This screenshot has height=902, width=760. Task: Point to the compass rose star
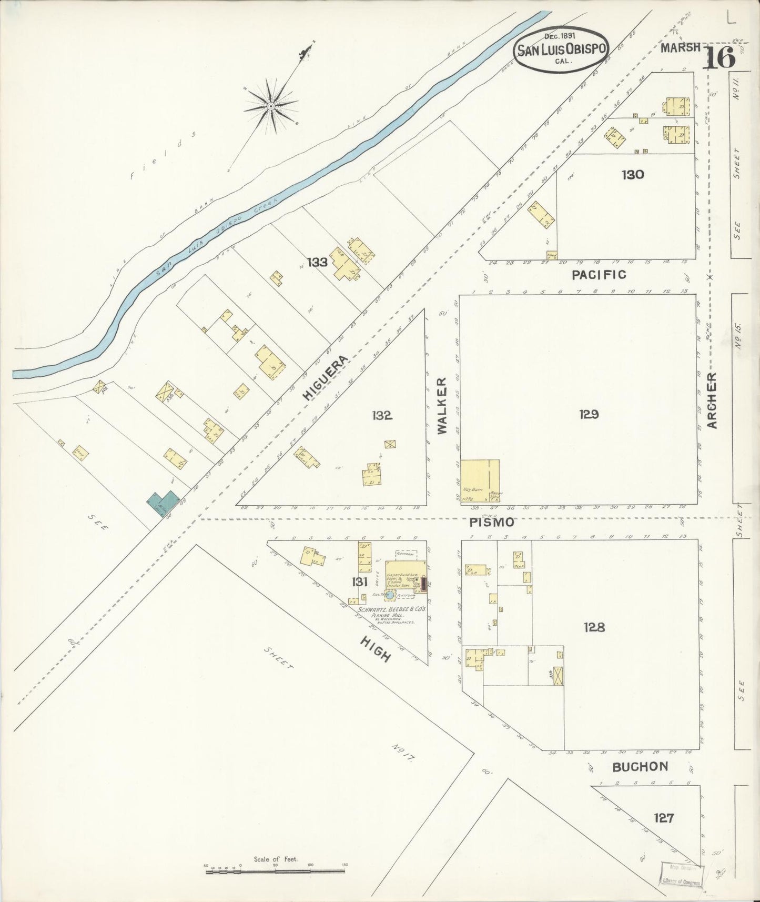click(270, 106)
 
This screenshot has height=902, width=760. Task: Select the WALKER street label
click(442, 405)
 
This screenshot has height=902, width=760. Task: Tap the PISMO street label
click(484, 523)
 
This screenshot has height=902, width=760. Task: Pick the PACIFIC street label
click(599, 274)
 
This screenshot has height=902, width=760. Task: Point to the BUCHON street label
click(640, 767)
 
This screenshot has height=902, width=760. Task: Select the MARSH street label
click(681, 47)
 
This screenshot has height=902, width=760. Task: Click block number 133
click(317, 262)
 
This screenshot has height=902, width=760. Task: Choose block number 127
click(663, 818)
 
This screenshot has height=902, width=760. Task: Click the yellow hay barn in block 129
click(480, 482)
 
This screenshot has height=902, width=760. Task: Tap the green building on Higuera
click(163, 504)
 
